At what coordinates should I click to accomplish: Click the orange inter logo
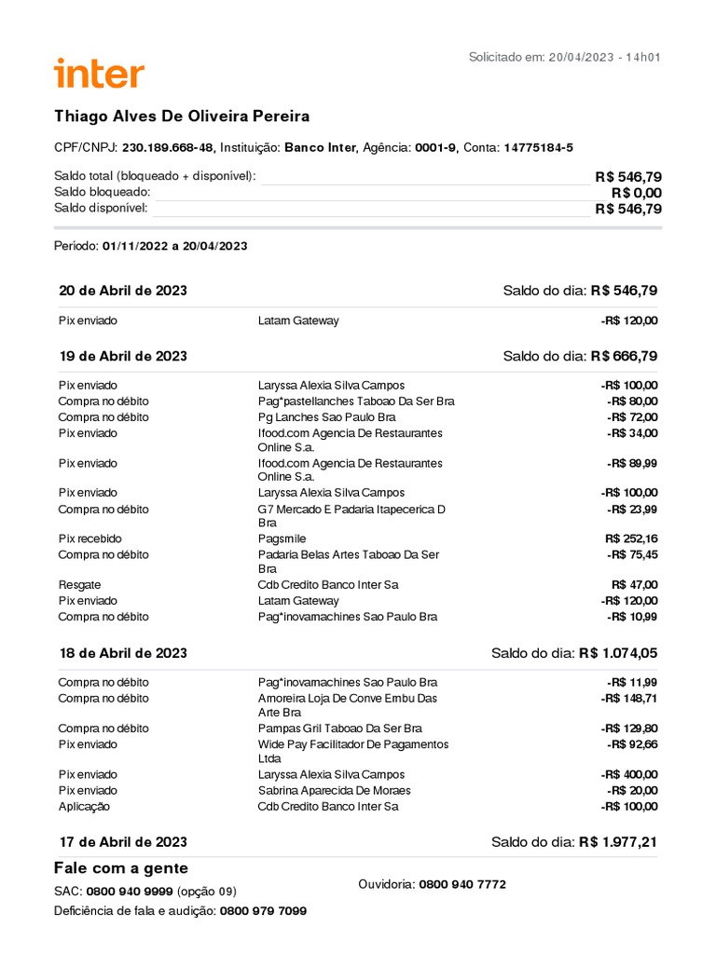(x=100, y=74)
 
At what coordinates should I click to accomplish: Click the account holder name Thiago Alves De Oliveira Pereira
(x=182, y=116)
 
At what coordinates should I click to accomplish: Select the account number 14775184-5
(x=538, y=147)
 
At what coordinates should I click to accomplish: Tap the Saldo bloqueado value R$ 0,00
(x=636, y=193)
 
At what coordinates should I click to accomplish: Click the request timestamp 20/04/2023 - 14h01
(x=604, y=58)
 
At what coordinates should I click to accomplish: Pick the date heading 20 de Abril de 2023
(x=123, y=291)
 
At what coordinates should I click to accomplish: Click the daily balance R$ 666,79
(x=624, y=356)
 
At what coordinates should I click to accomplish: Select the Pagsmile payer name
(x=282, y=538)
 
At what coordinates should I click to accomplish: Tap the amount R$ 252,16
(x=631, y=538)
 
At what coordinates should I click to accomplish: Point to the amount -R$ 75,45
(x=632, y=555)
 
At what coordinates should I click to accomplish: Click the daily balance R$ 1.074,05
(x=618, y=653)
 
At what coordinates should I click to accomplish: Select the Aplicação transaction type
(x=84, y=807)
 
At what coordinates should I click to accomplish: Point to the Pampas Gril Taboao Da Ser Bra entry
(x=339, y=729)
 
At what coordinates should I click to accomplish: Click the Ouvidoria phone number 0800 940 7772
(x=462, y=884)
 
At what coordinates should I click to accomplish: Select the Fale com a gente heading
(x=120, y=868)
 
